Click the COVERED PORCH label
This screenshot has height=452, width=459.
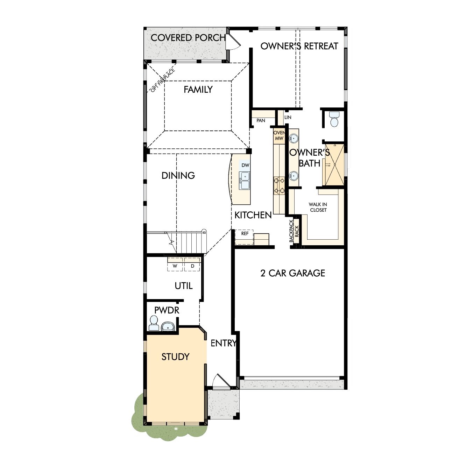pyautogui.click(x=188, y=38)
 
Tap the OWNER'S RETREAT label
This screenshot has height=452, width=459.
pyautogui.click(x=299, y=46)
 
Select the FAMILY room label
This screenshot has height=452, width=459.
pyautogui.click(x=198, y=90)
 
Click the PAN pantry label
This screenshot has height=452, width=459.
pyautogui.click(x=261, y=121)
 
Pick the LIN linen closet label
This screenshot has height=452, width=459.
pyautogui.click(x=288, y=118)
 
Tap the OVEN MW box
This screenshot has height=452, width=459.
pyautogui.click(x=279, y=136)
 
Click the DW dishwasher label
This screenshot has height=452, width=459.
pyautogui.click(x=245, y=165)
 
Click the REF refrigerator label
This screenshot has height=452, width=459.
pyautogui.click(x=245, y=233)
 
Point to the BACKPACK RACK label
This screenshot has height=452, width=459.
pyautogui.click(x=294, y=231)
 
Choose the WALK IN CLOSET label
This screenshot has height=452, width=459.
pyautogui.click(x=318, y=207)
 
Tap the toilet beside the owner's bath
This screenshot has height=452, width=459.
pyautogui.click(x=334, y=120)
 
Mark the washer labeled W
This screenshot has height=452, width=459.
pyautogui.click(x=175, y=266)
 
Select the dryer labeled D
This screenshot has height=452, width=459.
pyautogui.click(x=192, y=266)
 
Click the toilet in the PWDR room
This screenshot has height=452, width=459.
pyautogui.click(x=153, y=323)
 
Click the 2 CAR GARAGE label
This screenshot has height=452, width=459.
pyautogui.click(x=292, y=273)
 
